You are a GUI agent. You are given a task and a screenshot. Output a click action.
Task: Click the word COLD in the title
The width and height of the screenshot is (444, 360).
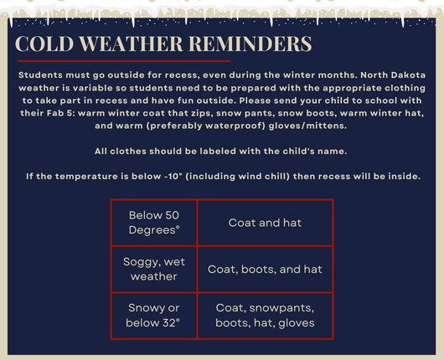[x=44, y=44]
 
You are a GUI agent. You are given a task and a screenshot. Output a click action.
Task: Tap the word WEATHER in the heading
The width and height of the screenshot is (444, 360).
[x=131, y=44]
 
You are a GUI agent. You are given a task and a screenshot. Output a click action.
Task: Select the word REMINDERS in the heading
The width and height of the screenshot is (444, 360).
[x=250, y=44]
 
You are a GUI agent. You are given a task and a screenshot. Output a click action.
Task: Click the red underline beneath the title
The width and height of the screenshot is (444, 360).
[x=124, y=61]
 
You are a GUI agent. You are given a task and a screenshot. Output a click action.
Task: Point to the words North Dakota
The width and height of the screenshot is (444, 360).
[x=393, y=75]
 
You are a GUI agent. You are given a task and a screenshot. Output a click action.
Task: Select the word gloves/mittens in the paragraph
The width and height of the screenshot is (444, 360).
[x=307, y=126]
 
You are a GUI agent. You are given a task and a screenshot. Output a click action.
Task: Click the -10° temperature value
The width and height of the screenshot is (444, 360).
[x=173, y=177]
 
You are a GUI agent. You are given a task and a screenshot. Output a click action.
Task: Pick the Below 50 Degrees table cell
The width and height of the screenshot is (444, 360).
[x=154, y=223]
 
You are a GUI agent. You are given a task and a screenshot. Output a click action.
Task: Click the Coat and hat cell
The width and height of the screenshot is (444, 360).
[x=265, y=223]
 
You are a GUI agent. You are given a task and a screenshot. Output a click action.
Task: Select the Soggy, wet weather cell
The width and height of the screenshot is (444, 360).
[x=154, y=269]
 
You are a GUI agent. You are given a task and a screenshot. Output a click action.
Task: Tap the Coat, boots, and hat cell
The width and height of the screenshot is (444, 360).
[x=265, y=269]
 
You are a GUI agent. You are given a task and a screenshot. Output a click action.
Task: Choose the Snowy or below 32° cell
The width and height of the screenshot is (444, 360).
[x=154, y=316]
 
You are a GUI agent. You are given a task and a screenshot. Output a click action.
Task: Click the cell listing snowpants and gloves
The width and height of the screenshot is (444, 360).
[x=265, y=316]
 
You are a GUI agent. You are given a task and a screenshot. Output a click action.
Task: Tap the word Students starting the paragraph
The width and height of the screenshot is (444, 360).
[x=40, y=75]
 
